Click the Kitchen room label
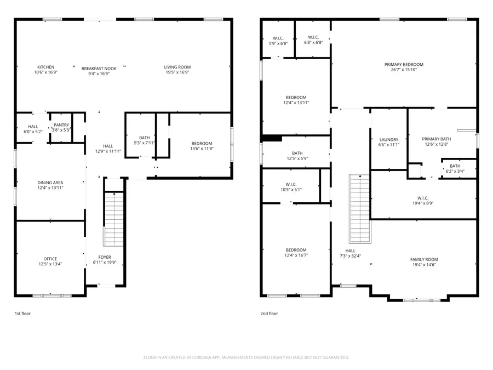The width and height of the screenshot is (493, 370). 45,67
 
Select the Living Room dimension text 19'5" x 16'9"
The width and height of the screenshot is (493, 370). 177,72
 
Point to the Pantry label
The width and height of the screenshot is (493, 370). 61,125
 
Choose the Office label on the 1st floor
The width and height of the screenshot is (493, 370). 50,259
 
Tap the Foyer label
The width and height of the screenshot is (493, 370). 104,256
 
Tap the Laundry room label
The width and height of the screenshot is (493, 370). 388,140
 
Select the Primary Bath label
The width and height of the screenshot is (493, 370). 435,139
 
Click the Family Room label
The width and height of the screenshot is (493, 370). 425,259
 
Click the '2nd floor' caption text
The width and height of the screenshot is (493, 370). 268,314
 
